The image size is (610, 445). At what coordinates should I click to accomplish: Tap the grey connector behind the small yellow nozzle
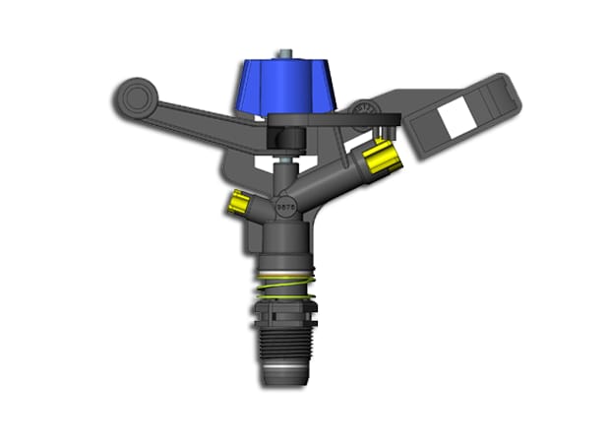click(258, 208)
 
